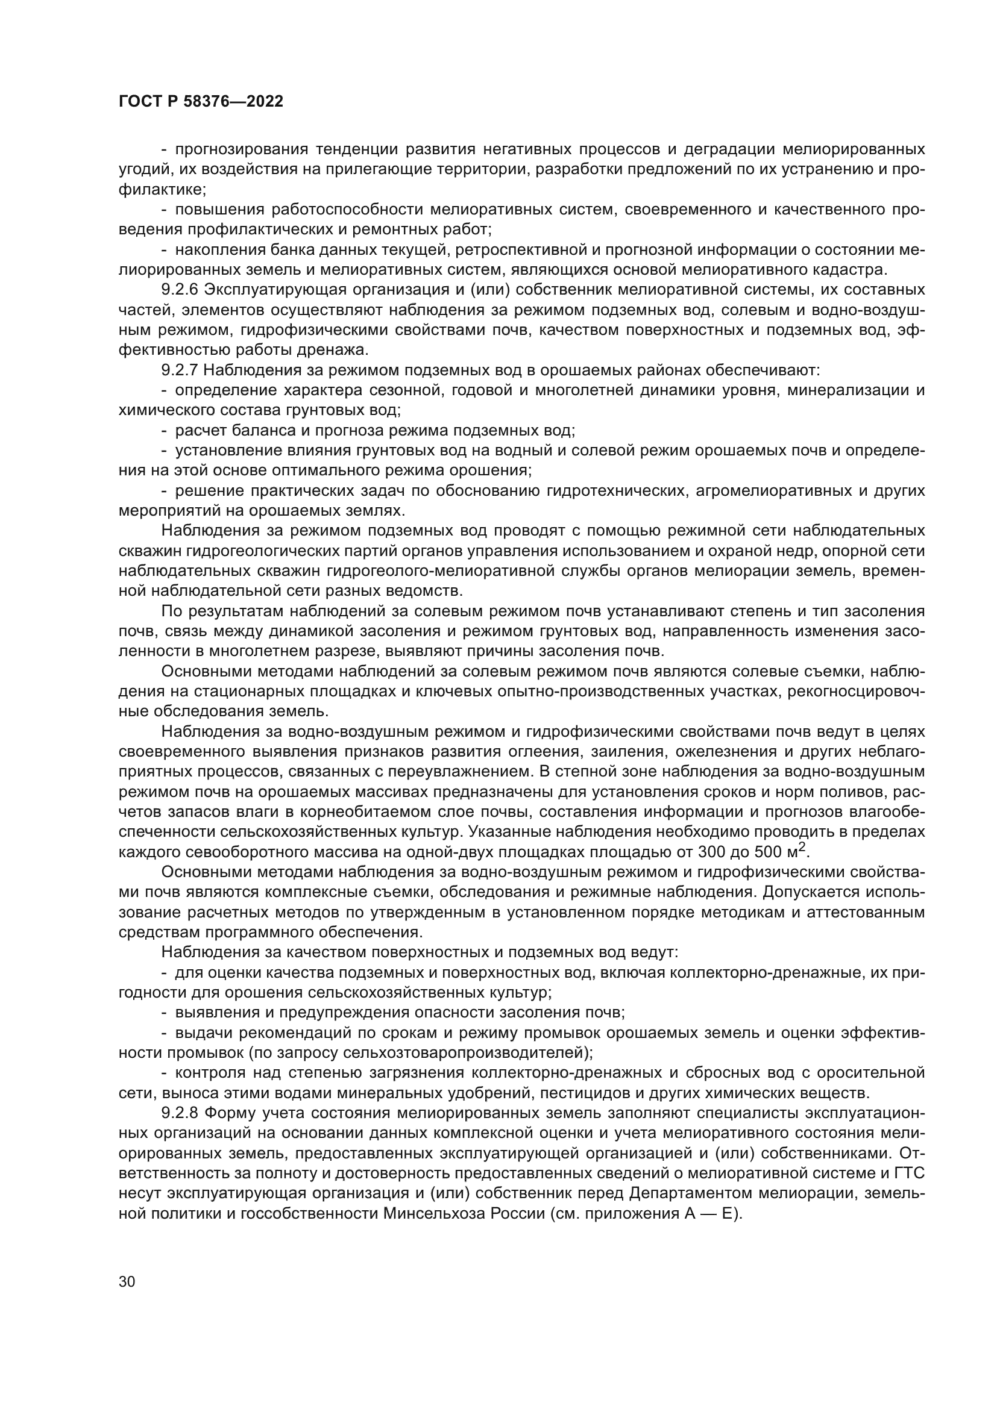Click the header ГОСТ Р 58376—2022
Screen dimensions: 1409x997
[201, 102]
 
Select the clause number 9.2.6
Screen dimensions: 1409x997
[179, 289]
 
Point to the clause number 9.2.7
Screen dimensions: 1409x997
[179, 370]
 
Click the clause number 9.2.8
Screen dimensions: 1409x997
[179, 1113]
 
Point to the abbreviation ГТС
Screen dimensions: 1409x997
[908, 1173]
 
